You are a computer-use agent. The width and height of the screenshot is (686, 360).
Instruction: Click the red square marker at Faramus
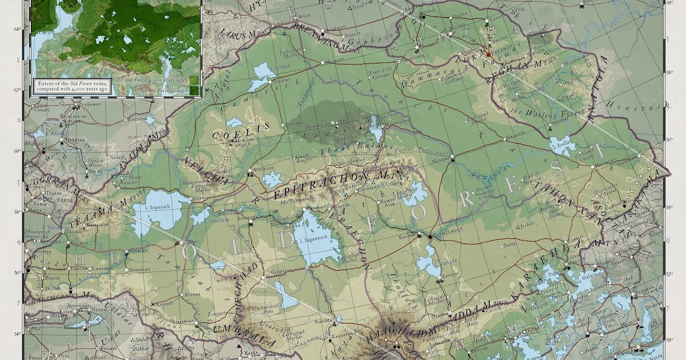coord(489,54)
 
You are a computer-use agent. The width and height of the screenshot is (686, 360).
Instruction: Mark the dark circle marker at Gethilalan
coord(430,236)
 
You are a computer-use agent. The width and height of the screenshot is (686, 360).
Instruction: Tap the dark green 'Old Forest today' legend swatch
coord(194,90)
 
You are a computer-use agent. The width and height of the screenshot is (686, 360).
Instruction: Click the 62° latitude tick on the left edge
coord(18,91)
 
